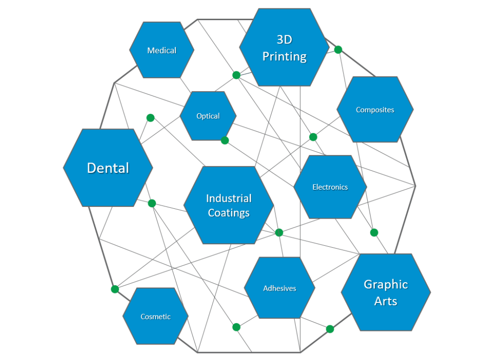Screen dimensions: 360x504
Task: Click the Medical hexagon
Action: click(x=161, y=50)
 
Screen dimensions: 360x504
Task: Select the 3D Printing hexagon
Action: click(x=284, y=48)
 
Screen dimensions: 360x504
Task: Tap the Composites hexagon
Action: click(x=375, y=109)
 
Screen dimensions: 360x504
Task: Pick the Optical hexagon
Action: click(x=208, y=116)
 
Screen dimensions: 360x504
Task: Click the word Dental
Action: click(x=108, y=168)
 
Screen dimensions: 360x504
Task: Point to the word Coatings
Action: click(x=228, y=213)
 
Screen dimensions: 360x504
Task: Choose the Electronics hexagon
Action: click(x=330, y=187)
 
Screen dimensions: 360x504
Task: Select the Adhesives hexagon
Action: click(x=280, y=288)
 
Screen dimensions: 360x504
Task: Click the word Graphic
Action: click(x=385, y=284)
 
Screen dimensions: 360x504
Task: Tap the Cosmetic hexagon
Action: click(x=156, y=316)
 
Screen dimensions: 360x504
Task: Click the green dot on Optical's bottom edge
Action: click(x=225, y=140)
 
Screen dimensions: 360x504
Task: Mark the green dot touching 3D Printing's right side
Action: click(x=338, y=50)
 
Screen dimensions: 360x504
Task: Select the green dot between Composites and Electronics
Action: click(x=313, y=137)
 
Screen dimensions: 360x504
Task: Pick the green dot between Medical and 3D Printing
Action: click(x=236, y=75)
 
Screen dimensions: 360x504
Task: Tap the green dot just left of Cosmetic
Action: click(x=115, y=289)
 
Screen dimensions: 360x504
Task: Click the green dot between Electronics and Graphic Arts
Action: click(x=374, y=232)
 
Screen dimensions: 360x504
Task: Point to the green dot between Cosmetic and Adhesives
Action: click(x=236, y=327)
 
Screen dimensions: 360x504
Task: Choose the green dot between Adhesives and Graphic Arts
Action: click(x=330, y=329)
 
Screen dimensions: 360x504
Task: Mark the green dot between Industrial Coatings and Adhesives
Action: click(x=279, y=232)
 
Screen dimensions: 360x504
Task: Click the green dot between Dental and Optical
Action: click(x=151, y=118)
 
